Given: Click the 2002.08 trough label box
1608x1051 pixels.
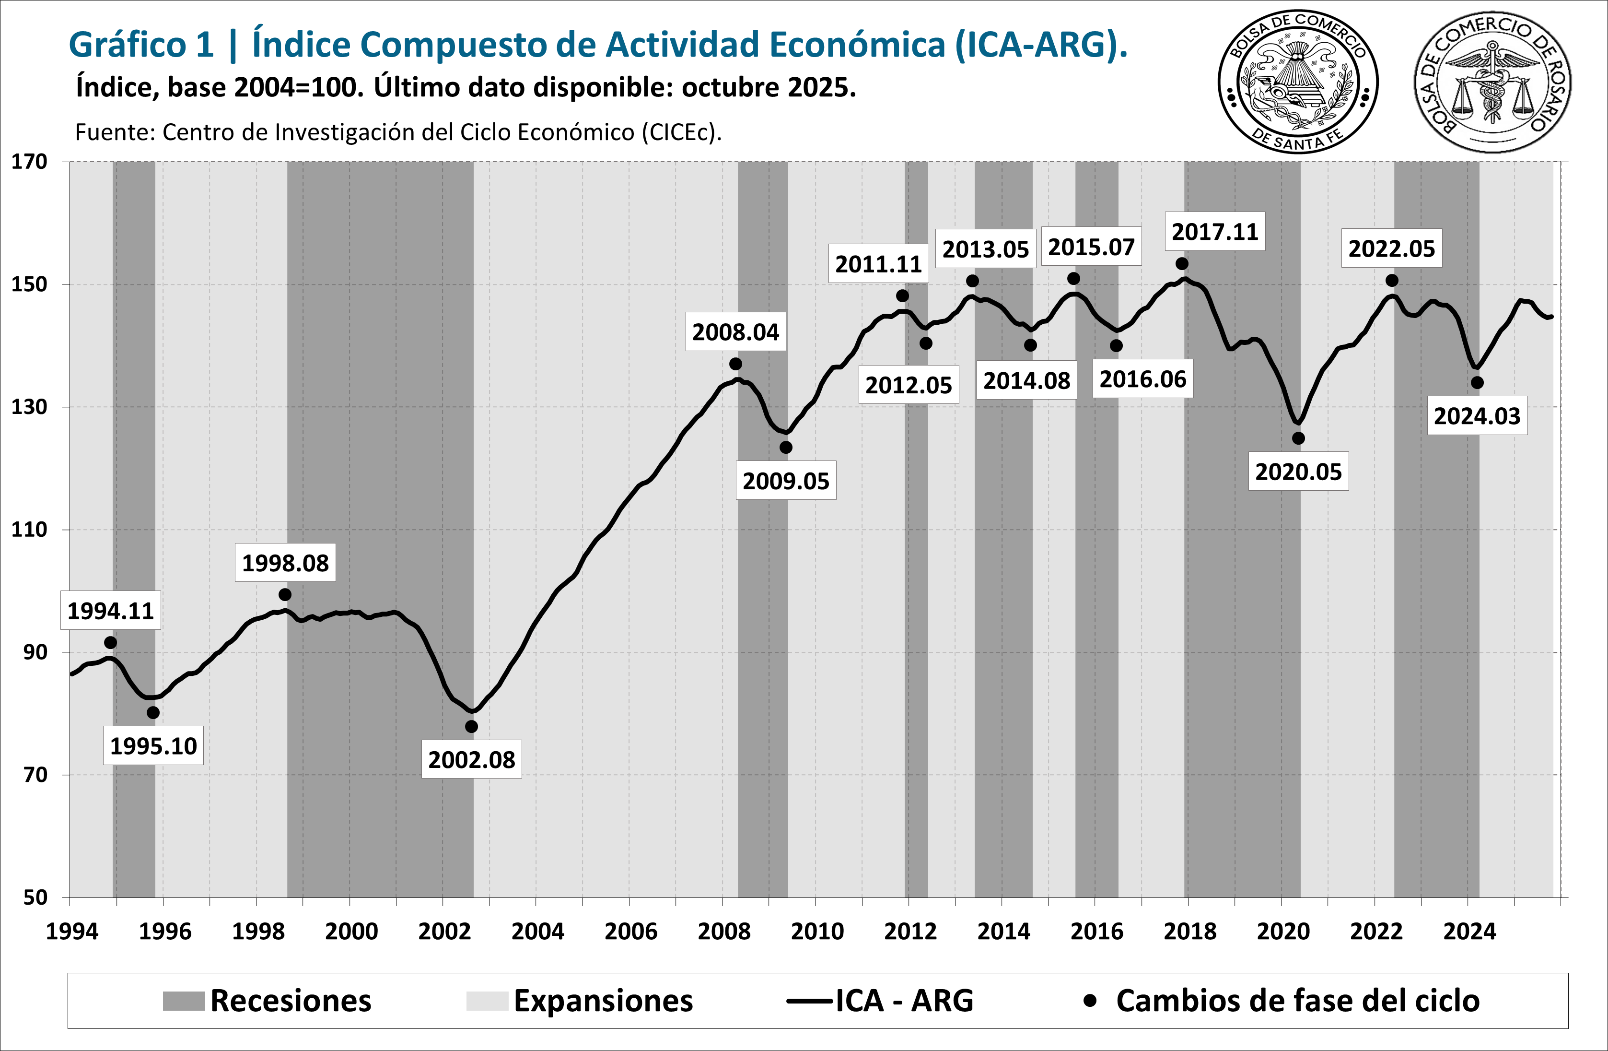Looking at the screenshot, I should click(472, 760).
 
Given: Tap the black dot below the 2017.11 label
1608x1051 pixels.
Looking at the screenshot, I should click(1182, 264).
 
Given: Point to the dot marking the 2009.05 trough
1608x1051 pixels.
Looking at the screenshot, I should click(786, 448).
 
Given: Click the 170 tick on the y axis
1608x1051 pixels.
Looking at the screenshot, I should click(29, 162).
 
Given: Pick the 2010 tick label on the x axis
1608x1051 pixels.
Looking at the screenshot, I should click(817, 932).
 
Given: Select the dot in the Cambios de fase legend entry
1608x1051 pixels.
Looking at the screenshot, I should click(1089, 1000).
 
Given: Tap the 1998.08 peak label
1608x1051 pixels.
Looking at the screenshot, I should click(285, 563).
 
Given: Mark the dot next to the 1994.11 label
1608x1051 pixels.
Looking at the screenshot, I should click(110, 642).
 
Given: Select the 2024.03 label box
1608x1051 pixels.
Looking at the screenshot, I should click(1477, 416).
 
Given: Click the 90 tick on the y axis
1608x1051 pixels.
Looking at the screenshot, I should click(35, 652).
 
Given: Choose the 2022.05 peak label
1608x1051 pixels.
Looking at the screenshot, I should click(1391, 249).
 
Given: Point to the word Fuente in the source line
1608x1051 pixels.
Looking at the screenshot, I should click(115, 132).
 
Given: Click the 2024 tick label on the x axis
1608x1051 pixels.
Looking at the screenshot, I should click(1469, 932).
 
